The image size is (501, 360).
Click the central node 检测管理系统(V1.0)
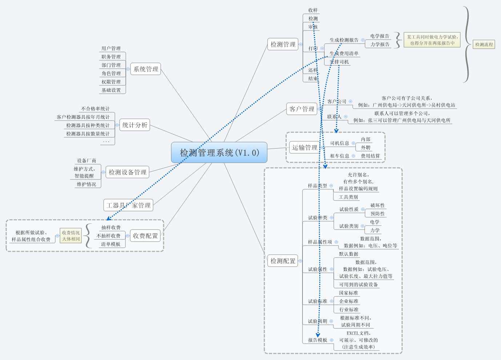(219, 153)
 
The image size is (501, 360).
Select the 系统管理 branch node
(146, 69)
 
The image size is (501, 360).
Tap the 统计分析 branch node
(135, 125)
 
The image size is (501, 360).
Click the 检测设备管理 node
(128, 172)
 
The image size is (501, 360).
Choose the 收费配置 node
(145, 236)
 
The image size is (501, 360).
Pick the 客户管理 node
(302, 109)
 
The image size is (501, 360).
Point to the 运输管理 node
(305, 147)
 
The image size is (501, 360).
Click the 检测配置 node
(283, 261)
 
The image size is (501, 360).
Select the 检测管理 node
(283, 44)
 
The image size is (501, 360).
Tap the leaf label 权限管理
(111, 82)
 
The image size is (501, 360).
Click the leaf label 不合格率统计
(95, 109)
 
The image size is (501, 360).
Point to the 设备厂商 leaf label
(87, 161)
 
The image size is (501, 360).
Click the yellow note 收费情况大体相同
(71, 236)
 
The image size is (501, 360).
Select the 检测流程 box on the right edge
(484, 45)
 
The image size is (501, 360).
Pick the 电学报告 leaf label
(380, 36)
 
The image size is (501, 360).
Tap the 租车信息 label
(340, 156)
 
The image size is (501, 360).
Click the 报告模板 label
(317, 340)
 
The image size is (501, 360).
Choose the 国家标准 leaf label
(348, 293)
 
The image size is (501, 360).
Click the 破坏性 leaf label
(377, 205)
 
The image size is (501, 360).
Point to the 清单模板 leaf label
(111, 244)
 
